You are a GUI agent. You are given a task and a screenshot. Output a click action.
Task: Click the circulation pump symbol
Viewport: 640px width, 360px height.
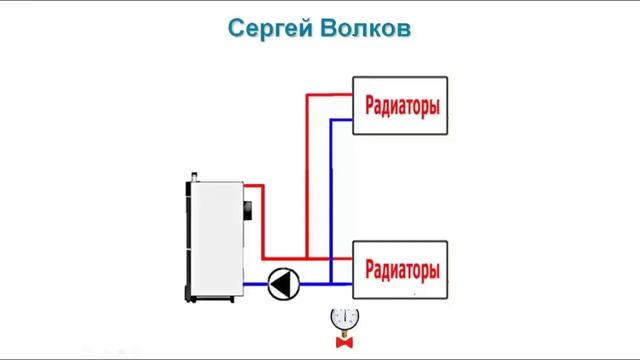[283, 284]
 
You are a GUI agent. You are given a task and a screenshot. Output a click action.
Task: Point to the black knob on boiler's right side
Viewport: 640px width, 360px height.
[247, 211]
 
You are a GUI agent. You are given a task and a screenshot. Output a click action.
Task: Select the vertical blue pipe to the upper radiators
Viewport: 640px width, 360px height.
[329, 190]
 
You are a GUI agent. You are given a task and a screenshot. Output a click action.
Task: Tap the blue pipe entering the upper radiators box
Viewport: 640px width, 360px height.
[341, 119]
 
